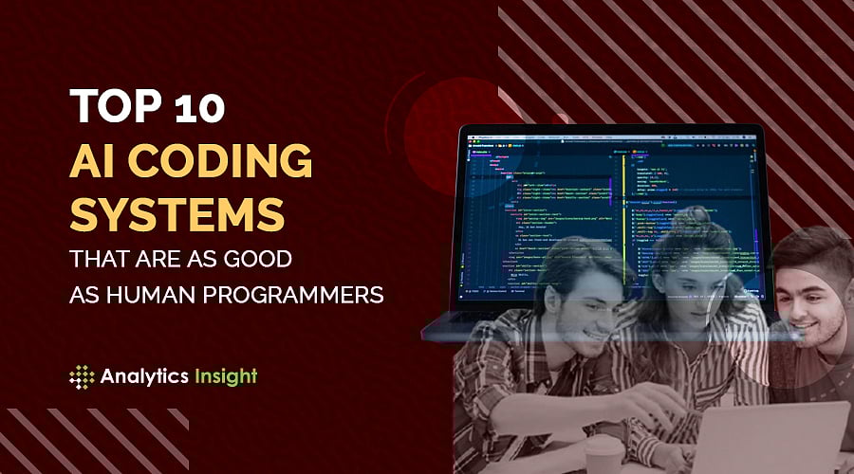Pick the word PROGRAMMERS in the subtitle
click(301, 295)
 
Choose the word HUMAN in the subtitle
click(161, 295)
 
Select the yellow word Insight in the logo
click(221, 376)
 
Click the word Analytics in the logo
click(139, 376)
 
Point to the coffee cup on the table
click(603, 455)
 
